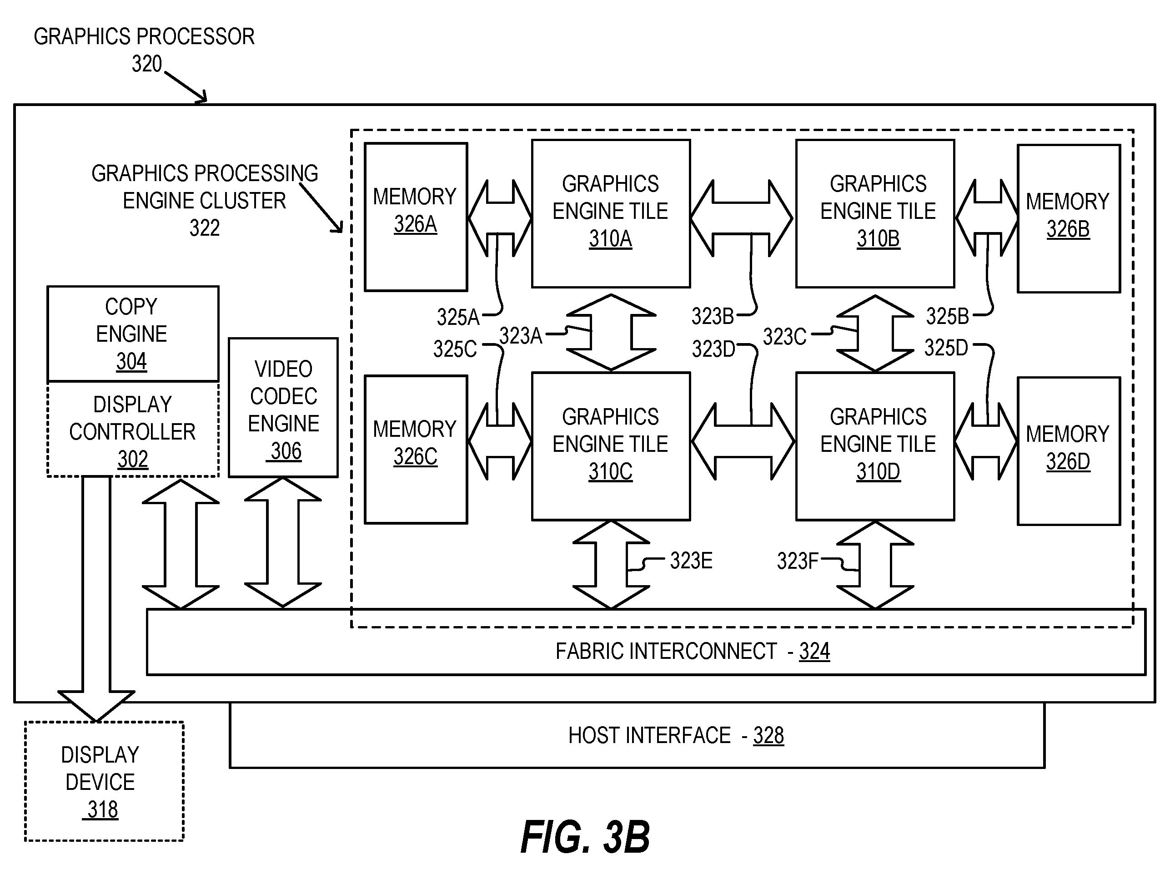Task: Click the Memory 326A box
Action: [416, 217]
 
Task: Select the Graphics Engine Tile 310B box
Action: [875, 214]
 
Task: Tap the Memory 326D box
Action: [1069, 451]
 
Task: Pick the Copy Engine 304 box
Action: [133, 334]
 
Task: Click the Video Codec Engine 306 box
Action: [283, 407]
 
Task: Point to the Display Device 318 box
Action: [104, 781]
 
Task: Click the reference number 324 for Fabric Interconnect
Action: [814, 651]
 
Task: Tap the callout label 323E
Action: [691, 561]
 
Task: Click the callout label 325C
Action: [455, 349]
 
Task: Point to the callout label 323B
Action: [713, 316]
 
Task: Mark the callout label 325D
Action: [946, 348]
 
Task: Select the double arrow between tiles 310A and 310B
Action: [742, 218]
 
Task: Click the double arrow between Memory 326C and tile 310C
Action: [500, 441]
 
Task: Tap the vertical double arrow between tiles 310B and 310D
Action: [875, 333]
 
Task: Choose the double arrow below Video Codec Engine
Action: [283, 542]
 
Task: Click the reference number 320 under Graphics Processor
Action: [146, 64]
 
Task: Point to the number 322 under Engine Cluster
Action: [205, 228]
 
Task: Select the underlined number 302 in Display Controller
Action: [133, 459]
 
